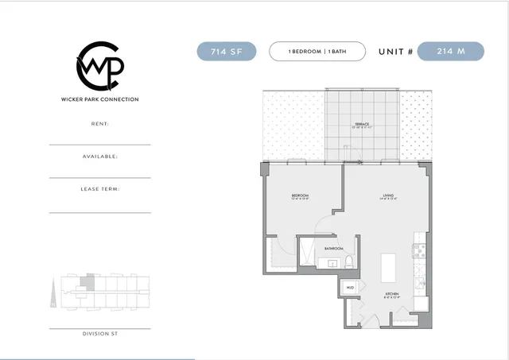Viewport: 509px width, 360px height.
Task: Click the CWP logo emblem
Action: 99,67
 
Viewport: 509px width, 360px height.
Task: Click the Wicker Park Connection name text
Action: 99,99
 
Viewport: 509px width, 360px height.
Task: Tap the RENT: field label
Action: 100,124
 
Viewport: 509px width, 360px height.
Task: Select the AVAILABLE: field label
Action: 100,157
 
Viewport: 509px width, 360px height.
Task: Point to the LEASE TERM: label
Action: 100,189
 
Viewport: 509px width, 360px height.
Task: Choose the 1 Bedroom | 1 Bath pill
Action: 317,52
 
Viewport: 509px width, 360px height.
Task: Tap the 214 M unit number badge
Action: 450,52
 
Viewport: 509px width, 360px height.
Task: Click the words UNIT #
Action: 394,52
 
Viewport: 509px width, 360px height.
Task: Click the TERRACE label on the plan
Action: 362,125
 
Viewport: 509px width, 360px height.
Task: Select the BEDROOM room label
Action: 300,195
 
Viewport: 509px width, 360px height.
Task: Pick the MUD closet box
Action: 350,288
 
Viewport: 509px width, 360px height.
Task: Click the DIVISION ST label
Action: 100,334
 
